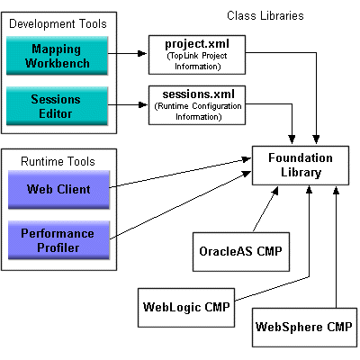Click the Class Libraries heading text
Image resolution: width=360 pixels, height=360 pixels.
pos(265,16)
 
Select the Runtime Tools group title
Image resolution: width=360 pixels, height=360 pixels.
pos(62,161)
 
